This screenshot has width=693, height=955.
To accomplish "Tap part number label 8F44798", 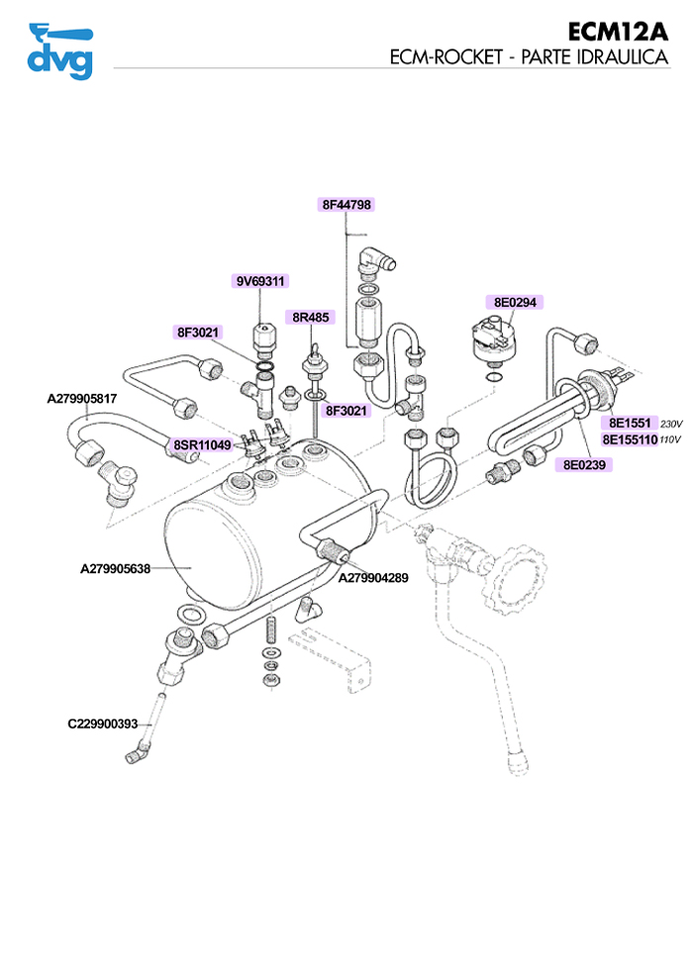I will coord(346,205).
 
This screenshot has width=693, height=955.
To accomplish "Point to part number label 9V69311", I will coord(260,281).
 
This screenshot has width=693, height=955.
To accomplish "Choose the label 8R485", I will coord(311,318).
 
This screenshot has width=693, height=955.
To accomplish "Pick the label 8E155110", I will coord(630,438).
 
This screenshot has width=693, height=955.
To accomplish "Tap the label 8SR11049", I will coord(202,445).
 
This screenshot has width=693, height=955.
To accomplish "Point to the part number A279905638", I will coord(115,569).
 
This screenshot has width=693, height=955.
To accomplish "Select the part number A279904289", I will coord(373,578).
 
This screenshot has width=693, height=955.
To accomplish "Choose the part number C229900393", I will coord(102,723).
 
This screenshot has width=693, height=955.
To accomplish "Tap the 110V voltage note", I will coord(671,439).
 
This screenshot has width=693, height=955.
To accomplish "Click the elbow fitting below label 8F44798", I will coord(373,258).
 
